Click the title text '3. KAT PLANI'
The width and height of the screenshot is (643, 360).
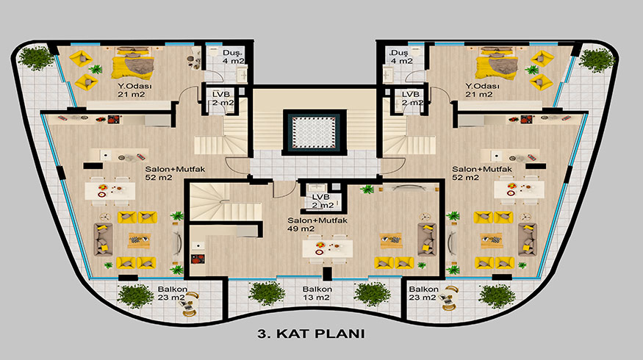pos(312,334)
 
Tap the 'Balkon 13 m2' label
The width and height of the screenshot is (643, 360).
pos(317,293)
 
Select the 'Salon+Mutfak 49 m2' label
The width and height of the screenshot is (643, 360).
pos(317,224)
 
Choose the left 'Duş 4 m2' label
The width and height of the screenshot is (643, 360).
pos(234,57)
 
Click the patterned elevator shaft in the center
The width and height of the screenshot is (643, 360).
pos(315,132)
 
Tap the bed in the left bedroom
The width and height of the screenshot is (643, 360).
pos(133,62)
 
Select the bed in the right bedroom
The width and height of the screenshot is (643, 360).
pos(496,62)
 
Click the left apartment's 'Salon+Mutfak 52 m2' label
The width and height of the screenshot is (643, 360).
pos(175,173)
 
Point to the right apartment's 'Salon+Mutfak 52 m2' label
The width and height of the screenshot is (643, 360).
pos(482,173)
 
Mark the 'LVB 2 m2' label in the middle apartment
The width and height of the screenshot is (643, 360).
pos(323,201)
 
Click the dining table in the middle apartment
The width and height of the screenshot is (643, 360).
pos(327,248)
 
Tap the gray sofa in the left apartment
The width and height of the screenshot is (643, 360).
pos(103,240)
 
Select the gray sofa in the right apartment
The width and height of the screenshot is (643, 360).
pos(527,240)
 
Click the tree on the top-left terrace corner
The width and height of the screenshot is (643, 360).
pos(36,58)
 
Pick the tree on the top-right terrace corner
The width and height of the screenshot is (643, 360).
pos(597,60)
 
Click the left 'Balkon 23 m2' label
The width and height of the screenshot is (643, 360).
pos(173,293)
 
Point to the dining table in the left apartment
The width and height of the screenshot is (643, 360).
pos(110,191)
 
